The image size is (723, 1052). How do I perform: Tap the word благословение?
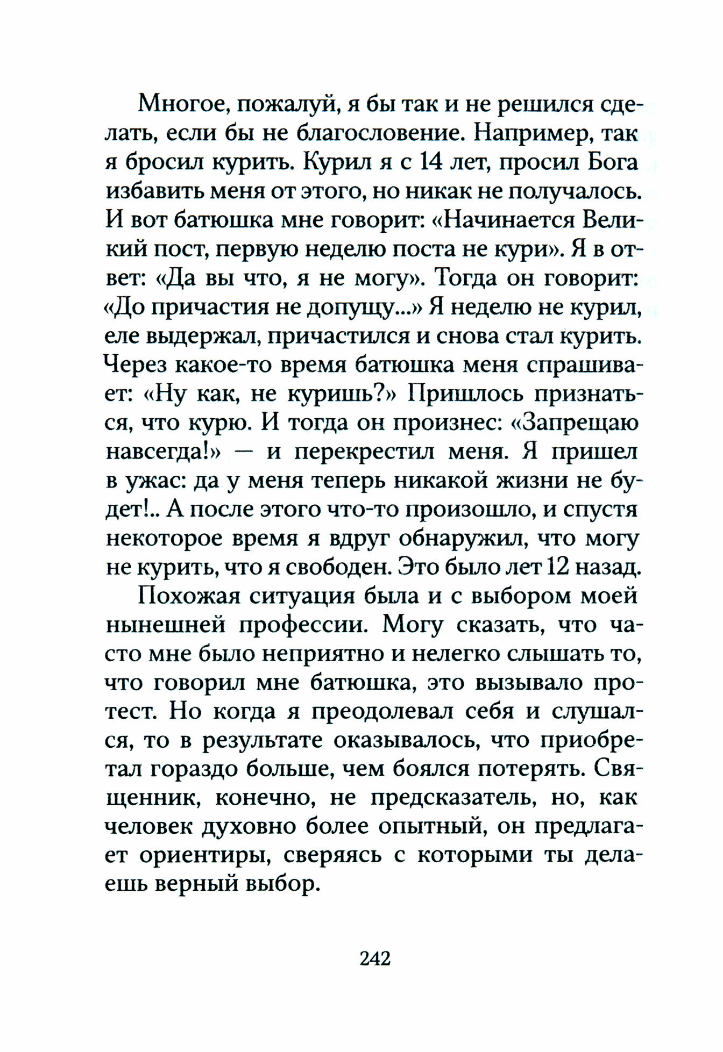[x=381, y=133]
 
